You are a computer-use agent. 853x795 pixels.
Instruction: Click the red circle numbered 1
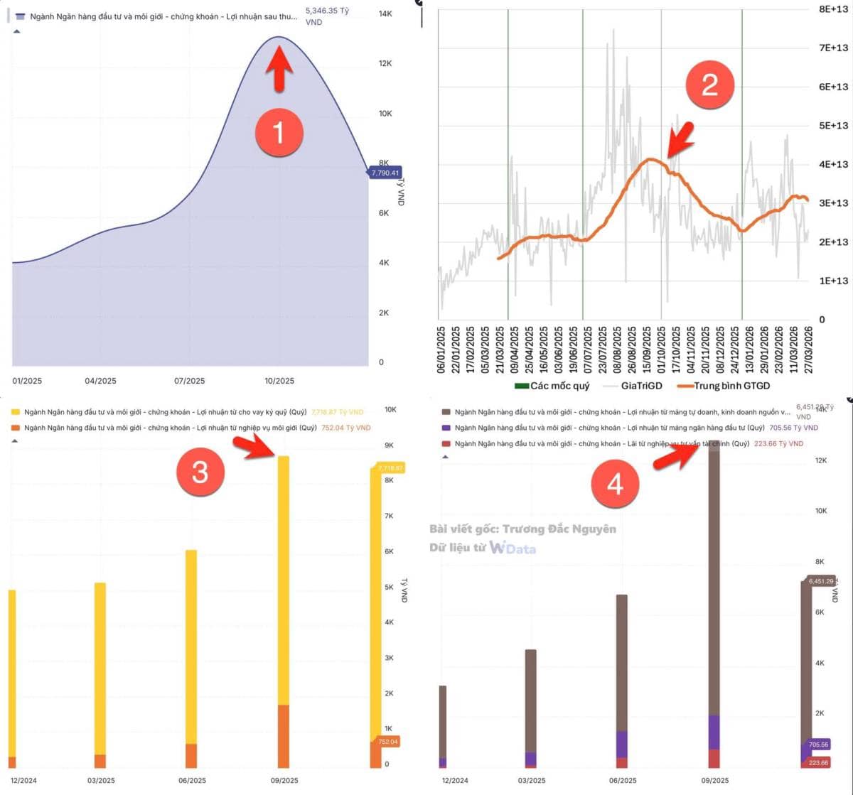pyautogui.click(x=278, y=132)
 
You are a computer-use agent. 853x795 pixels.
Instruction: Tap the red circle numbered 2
pyautogui.click(x=709, y=85)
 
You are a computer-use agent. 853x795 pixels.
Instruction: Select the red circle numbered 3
pyautogui.click(x=200, y=471)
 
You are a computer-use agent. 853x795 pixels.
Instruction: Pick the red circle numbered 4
pyautogui.click(x=614, y=485)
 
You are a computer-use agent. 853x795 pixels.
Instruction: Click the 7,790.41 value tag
pyautogui.click(x=385, y=173)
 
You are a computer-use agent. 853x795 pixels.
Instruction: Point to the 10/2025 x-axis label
pyautogui.click(x=279, y=381)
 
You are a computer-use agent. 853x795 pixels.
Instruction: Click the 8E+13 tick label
pyautogui.click(x=834, y=9)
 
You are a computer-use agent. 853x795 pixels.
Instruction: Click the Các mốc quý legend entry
pyautogui.click(x=552, y=386)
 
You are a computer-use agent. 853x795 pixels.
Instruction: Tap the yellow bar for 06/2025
pyautogui.click(x=191, y=647)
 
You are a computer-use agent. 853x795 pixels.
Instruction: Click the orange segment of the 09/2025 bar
pyautogui.click(x=283, y=736)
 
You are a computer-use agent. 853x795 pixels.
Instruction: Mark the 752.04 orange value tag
pyautogui.click(x=388, y=742)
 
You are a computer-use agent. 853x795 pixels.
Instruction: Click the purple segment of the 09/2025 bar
pyautogui.click(x=714, y=732)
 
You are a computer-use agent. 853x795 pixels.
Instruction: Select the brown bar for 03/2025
pyautogui.click(x=531, y=700)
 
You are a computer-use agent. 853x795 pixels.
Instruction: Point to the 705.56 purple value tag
pyautogui.click(x=818, y=745)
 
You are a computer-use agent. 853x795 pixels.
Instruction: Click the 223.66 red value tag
pyautogui.click(x=818, y=762)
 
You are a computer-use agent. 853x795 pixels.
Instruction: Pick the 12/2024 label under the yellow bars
pyautogui.click(x=23, y=780)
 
